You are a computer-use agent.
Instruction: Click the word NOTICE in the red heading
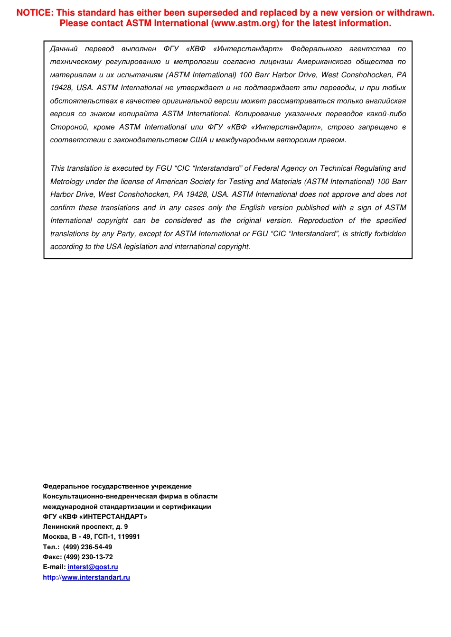(34, 13)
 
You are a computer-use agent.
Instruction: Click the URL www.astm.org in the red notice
(245, 23)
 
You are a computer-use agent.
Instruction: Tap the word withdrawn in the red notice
(411, 13)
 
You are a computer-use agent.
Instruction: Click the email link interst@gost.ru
(93, 567)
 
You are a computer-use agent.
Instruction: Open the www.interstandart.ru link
(96, 577)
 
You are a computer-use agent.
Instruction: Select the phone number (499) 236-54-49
(87, 547)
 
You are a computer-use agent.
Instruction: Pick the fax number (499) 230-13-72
(88, 557)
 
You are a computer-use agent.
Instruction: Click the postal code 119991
(128, 536)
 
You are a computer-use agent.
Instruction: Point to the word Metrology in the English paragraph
(67, 182)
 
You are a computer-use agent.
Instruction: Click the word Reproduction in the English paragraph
(320, 221)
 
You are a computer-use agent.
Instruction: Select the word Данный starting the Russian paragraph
(64, 49)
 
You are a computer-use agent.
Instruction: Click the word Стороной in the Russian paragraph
(69, 127)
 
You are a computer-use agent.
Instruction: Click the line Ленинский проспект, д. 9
(85, 526)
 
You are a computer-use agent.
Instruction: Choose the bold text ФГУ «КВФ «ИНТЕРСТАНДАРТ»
(95, 517)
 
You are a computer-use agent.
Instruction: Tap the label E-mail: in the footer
(54, 567)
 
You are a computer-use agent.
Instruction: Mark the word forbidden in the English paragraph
(390, 234)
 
